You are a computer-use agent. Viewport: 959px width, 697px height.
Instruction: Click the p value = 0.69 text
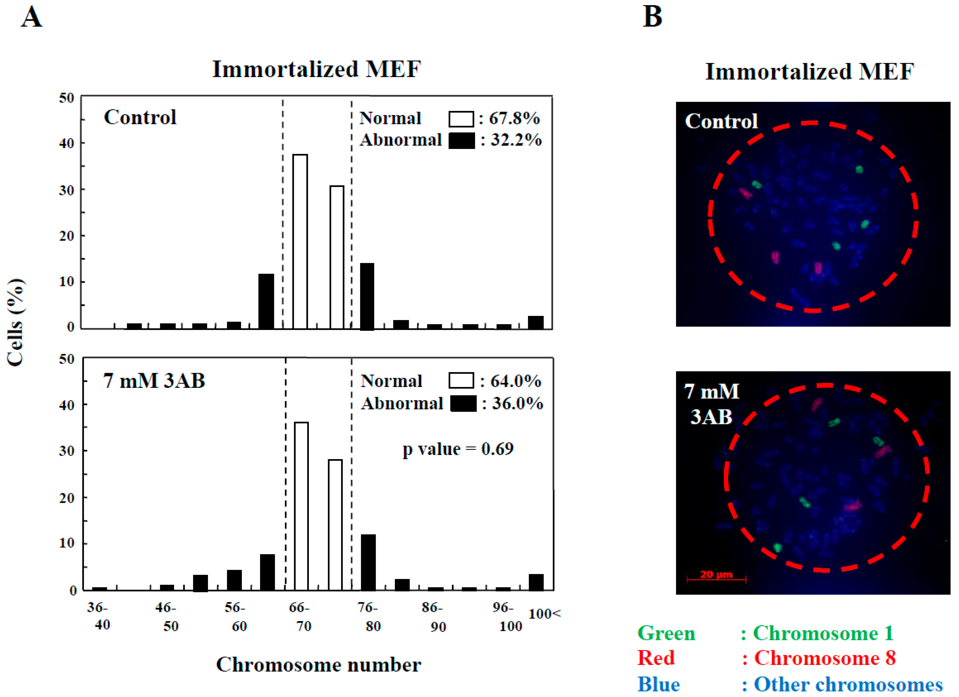(x=458, y=449)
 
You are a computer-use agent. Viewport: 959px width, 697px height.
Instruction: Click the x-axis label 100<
(x=545, y=614)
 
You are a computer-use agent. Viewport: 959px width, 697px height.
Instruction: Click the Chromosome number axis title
(x=318, y=665)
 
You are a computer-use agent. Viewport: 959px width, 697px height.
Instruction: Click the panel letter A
(x=32, y=18)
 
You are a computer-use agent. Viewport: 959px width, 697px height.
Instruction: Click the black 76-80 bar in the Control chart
(x=367, y=296)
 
